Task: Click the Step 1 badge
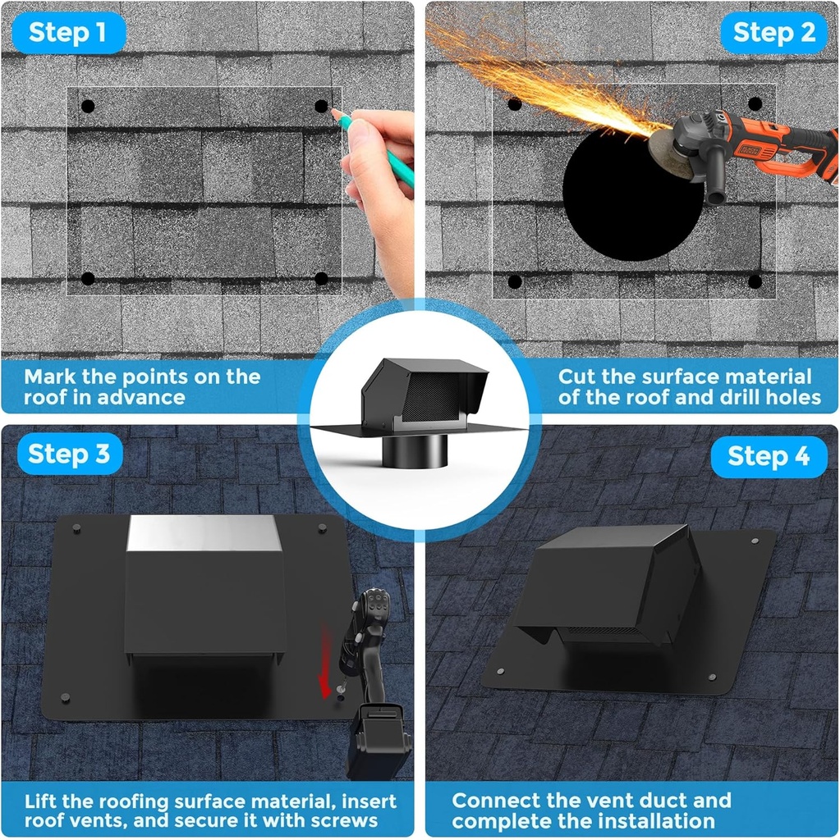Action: click(68, 33)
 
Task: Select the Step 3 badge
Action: click(69, 454)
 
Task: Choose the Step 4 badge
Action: click(769, 456)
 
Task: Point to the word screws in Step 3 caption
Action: click(345, 821)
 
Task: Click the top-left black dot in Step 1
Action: click(88, 107)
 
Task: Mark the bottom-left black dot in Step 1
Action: click(88, 278)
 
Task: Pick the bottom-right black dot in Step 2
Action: click(755, 281)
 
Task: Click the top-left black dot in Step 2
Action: click(514, 104)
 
